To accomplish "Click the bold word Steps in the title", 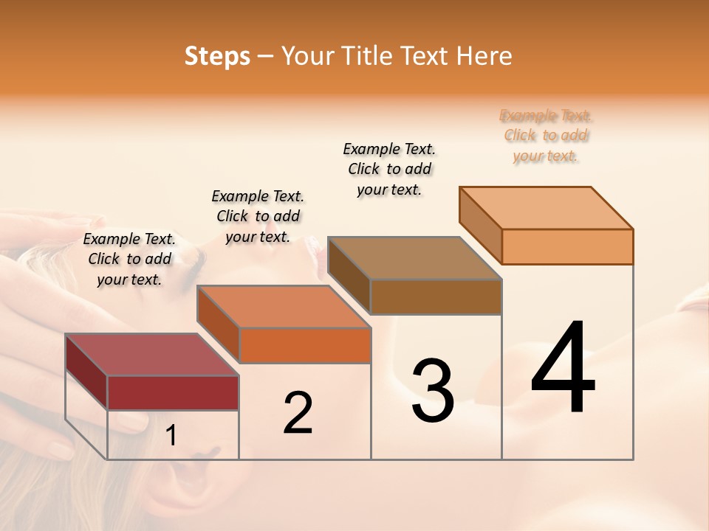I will (x=217, y=56).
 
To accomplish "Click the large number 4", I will (x=563, y=369).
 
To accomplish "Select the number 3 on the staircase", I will (x=433, y=391).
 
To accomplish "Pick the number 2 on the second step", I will (x=298, y=413).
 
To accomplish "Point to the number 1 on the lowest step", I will (x=171, y=436).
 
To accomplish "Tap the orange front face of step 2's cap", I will (x=305, y=345).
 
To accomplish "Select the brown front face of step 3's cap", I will (x=436, y=296).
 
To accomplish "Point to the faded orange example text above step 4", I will (x=546, y=136).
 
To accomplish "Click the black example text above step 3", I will (x=389, y=169).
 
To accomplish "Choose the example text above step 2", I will (x=258, y=216).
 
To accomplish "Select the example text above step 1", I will (x=129, y=259).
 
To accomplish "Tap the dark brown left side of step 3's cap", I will (x=349, y=276).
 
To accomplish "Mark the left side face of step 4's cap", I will (x=480, y=225).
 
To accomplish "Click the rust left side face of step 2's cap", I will (x=218, y=324).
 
